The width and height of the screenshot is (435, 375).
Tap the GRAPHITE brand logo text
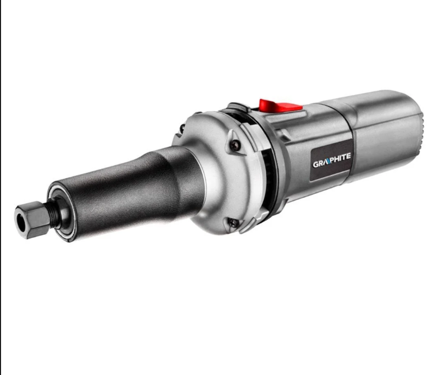point(332,160)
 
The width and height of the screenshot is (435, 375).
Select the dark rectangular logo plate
point(331,161)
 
